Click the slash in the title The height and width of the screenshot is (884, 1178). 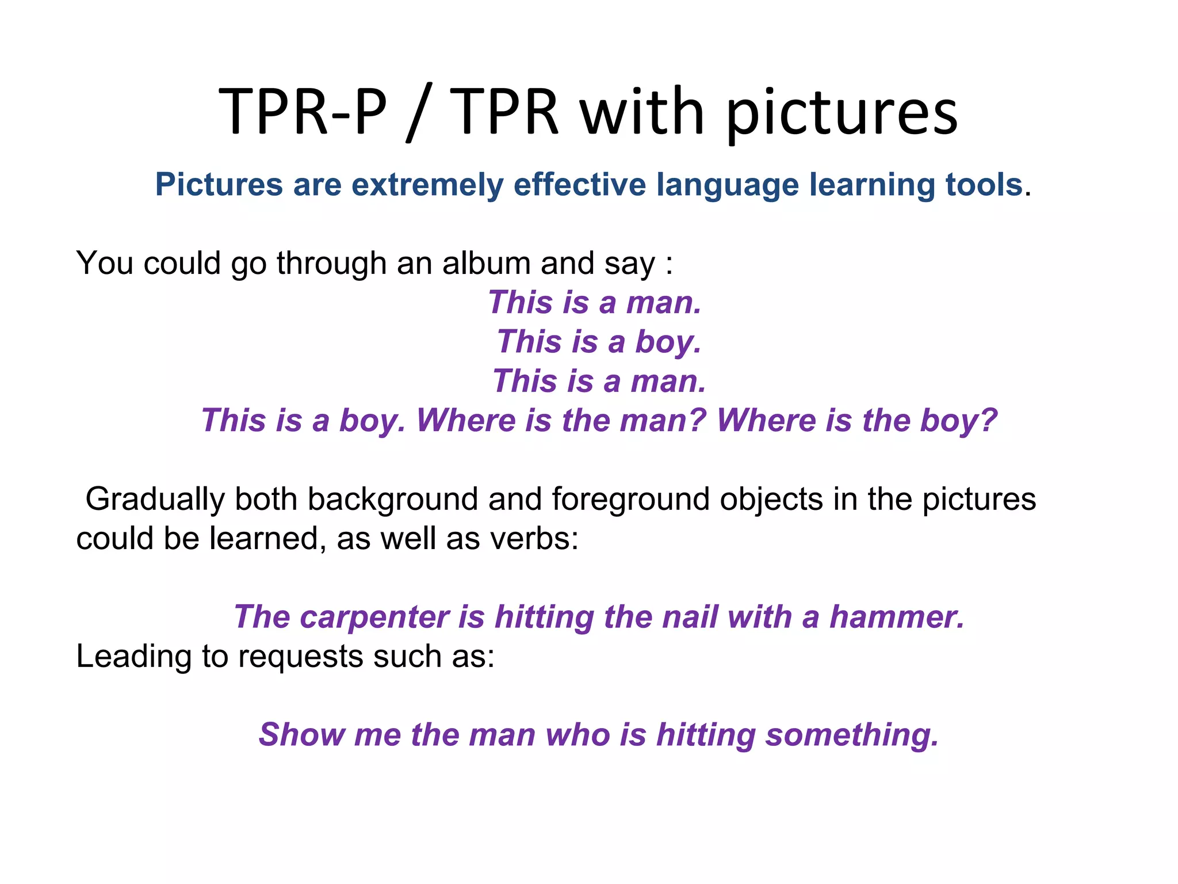pos(417,112)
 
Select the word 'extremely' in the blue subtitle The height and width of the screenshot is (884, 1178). pos(427,185)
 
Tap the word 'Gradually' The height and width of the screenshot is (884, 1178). pos(155,499)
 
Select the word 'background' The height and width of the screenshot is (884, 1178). pos(393,499)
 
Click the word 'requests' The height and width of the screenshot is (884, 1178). pos(300,657)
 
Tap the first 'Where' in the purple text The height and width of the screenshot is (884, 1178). pos(465,420)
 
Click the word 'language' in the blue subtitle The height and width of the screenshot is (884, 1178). pos(728,185)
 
